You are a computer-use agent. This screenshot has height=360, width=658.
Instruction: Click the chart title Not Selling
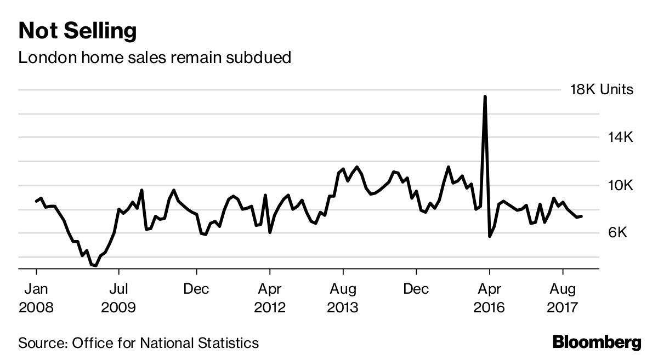tap(77, 31)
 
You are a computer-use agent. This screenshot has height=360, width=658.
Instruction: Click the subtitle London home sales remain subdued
tap(154, 57)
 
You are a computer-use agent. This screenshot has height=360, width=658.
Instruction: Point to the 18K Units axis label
tap(602, 90)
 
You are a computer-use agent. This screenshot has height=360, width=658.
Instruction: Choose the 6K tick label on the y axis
tap(621, 233)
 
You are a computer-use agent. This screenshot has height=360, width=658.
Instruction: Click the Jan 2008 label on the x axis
tap(36, 298)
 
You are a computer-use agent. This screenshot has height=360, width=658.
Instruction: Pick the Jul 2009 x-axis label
tap(119, 298)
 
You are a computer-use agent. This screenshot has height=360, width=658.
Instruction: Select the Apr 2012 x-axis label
tap(270, 298)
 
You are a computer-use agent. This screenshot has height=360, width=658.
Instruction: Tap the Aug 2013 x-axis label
tap(343, 298)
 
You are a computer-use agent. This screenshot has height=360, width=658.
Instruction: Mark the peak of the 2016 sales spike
tap(485, 96)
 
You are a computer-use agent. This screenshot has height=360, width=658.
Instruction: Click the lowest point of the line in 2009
tap(96, 266)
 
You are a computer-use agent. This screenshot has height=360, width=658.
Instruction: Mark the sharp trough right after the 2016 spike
tap(490, 236)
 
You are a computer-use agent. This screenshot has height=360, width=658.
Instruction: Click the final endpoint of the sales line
tap(581, 216)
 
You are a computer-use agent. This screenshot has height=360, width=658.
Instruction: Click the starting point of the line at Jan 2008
tap(36, 201)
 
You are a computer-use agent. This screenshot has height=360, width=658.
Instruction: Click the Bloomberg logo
tap(596, 342)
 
